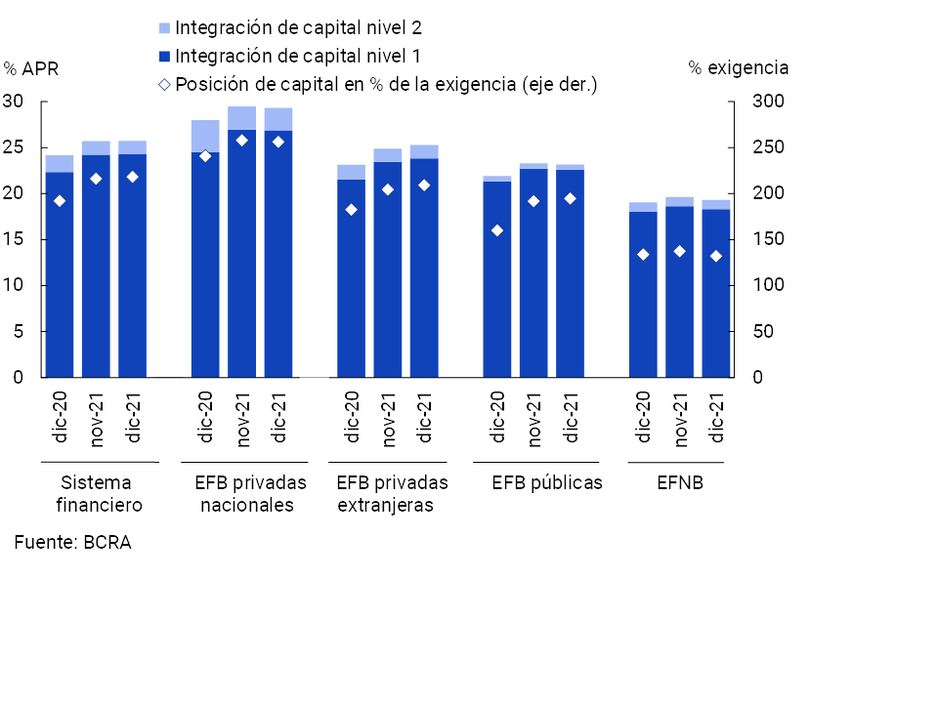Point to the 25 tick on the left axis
(x=14, y=147)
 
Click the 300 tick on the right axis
(x=766, y=102)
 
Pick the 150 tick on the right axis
(x=766, y=239)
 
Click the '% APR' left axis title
(x=31, y=68)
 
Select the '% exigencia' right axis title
(x=738, y=68)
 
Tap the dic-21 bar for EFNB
(x=715, y=293)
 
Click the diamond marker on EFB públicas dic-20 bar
(x=497, y=230)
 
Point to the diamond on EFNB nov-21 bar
(x=679, y=251)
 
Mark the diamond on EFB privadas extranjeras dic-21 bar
(x=423, y=186)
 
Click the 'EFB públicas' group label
(x=546, y=482)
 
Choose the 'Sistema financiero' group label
(x=99, y=494)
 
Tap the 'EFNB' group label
(x=677, y=482)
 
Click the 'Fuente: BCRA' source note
(x=72, y=543)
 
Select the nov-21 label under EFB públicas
(x=533, y=420)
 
